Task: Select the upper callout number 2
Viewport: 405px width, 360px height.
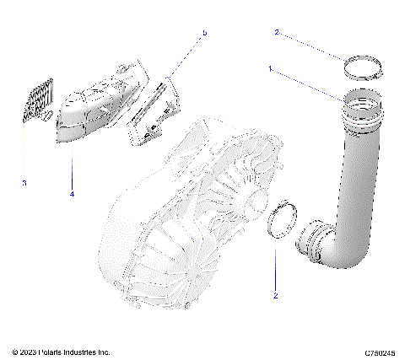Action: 276,32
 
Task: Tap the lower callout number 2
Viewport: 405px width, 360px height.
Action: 276,295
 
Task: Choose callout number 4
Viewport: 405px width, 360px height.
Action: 72,194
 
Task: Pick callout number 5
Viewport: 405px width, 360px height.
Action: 203,33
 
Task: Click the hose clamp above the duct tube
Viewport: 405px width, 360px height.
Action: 360,67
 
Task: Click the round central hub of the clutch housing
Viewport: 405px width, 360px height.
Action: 253,202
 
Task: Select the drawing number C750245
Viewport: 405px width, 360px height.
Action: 381,352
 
